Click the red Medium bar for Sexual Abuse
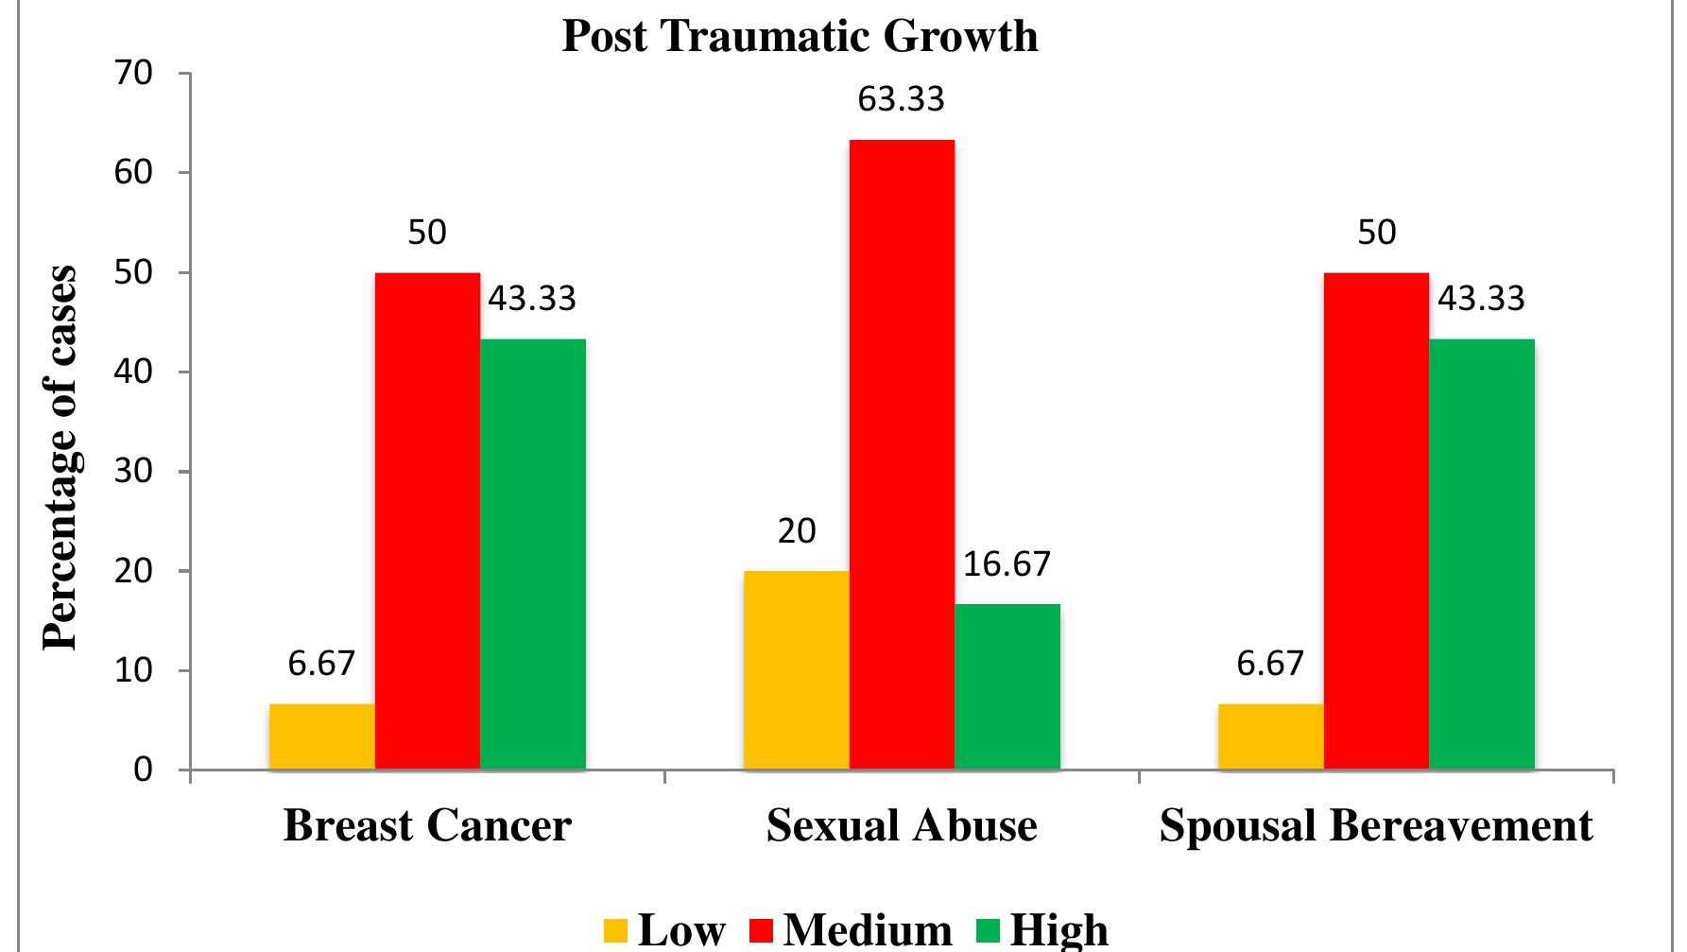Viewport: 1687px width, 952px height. [x=902, y=454]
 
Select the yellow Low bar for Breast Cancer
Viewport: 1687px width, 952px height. [x=322, y=736]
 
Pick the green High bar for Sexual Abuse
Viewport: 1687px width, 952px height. [x=1007, y=686]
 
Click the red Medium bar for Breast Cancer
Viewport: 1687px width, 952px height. [x=427, y=520]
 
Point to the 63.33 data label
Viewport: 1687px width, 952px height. [x=901, y=99]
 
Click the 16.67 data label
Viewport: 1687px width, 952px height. [x=1007, y=564]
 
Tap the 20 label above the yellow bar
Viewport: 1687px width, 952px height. [x=797, y=531]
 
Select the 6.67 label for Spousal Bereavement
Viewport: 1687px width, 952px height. [x=1270, y=664]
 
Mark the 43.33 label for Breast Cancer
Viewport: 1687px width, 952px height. [x=532, y=299]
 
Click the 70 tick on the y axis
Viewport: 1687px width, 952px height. [x=135, y=74]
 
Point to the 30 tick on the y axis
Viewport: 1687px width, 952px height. [x=135, y=472]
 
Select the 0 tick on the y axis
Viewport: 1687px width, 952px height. [x=143, y=770]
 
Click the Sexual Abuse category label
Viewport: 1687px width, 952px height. [x=902, y=825]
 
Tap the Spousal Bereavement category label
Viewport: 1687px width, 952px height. [x=1376, y=825]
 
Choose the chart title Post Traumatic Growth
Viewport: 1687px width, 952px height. [x=800, y=36]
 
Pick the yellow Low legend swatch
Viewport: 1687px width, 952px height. [x=615, y=931]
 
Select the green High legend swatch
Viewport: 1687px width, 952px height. [x=987, y=931]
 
